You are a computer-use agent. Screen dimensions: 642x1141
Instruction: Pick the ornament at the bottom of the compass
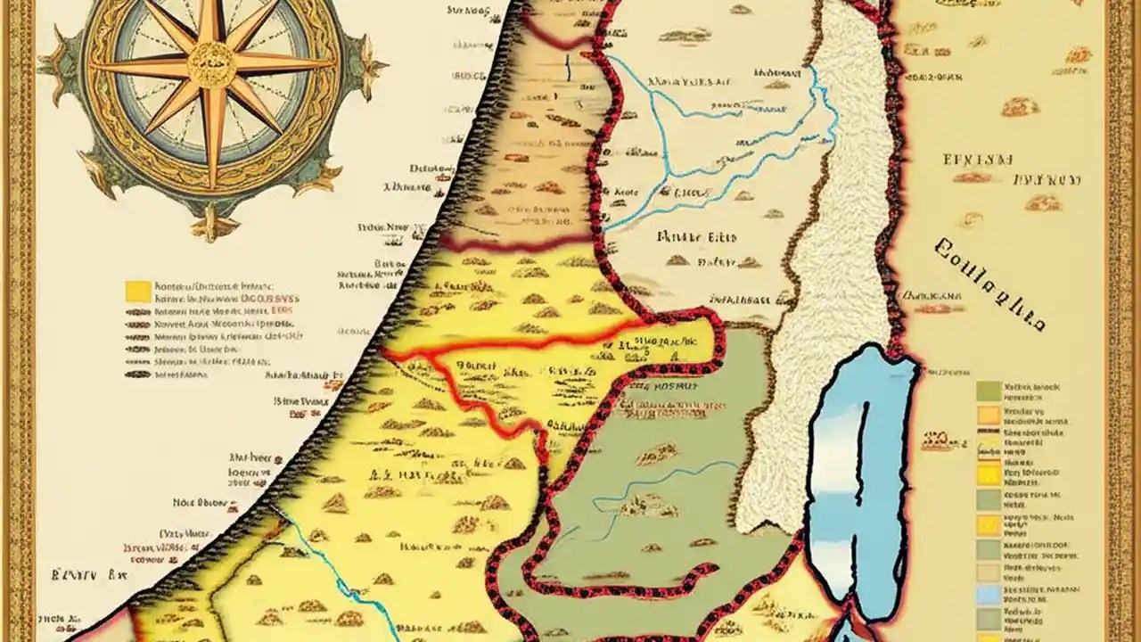coord(212,223)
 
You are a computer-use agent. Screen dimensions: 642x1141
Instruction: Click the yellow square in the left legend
coord(137,291)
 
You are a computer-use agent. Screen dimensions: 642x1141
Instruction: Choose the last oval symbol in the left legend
coord(137,374)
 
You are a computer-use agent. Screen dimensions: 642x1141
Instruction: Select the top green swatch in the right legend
coord(988,390)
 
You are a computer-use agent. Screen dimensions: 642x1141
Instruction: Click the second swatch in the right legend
coord(988,414)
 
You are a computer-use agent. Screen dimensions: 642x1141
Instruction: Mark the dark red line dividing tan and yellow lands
coord(517,243)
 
